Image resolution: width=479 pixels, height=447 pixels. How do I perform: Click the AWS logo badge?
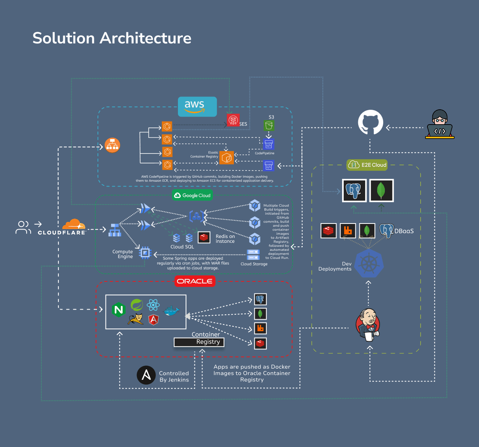(197, 107)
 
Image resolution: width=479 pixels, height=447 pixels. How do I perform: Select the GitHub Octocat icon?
(370, 123)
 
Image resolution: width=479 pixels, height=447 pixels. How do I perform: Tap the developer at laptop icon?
(440, 125)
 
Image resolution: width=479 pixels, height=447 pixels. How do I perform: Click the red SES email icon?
(233, 120)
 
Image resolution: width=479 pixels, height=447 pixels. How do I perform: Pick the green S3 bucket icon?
(269, 126)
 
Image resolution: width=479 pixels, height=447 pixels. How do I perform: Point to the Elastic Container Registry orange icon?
(227, 158)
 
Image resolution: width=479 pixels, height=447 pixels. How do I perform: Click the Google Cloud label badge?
(192, 195)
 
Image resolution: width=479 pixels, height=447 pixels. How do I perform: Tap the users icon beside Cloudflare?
(23, 227)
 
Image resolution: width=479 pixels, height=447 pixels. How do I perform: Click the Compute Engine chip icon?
(145, 253)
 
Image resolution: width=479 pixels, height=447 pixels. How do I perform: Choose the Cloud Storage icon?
(253, 255)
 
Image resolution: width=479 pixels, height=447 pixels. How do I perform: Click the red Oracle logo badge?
(195, 281)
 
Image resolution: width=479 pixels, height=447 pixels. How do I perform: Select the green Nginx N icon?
(118, 310)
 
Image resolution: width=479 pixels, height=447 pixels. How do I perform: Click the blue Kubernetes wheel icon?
(368, 263)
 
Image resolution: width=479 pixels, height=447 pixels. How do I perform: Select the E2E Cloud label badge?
(367, 165)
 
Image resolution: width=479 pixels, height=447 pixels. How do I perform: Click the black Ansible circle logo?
(146, 375)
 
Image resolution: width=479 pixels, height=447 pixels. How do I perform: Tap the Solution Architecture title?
(112, 38)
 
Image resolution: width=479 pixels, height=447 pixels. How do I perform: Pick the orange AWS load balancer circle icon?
(112, 145)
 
